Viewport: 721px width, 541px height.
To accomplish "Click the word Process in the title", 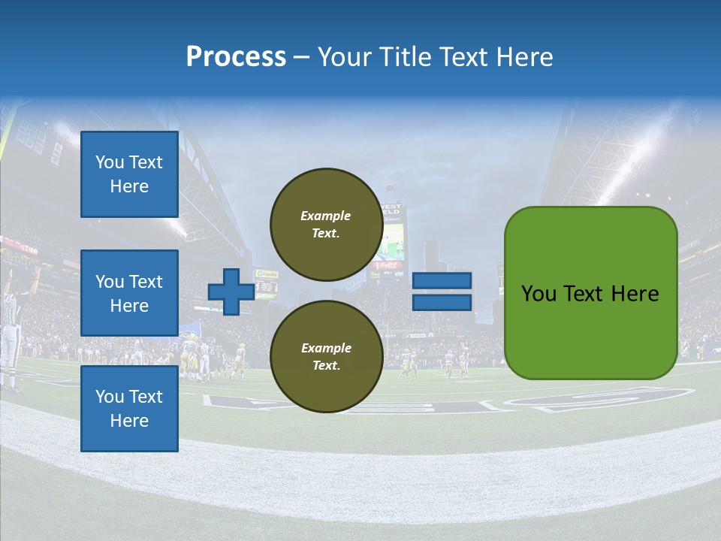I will point(236,56).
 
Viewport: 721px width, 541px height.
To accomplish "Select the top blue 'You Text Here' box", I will point(129,174).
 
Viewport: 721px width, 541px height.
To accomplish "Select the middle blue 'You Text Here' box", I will point(129,293).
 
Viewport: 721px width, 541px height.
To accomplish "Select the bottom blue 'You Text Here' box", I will point(129,409).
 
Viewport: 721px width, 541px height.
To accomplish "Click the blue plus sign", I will point(231,292).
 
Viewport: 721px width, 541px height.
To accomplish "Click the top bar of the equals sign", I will point(442,281).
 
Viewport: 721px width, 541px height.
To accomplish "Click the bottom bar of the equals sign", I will point(442,303).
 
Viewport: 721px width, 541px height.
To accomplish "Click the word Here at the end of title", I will point(526,57).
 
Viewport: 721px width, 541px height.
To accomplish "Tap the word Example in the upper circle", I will point(326,216).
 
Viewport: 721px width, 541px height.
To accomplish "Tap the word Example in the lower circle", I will point(326,348).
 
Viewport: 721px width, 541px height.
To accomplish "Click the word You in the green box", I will point(538,294).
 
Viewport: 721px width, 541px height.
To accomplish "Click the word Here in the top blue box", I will point(129,186).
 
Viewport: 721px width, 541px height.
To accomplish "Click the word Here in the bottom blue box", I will point(129,421).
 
